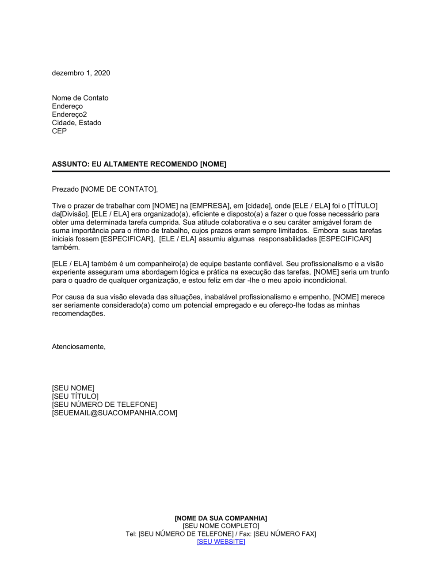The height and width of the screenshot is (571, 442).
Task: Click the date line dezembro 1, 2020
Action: point(81,73)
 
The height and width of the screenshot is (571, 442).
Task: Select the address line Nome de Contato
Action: point(80,98)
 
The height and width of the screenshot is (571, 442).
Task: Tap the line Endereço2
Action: point(69,114)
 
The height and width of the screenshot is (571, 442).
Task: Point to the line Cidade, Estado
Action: point(76,123)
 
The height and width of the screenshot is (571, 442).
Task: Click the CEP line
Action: point(59,131)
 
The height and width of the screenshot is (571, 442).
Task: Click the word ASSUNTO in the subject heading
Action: point(70,164)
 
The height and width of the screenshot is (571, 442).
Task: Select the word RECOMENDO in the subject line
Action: point(174,164)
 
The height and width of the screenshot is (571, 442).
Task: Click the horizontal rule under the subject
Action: point(221,171)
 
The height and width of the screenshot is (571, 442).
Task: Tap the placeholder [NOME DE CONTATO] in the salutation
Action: point(118,189)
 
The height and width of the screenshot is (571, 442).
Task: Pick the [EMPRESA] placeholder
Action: point(210,206)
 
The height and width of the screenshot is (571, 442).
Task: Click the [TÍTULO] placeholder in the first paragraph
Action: point(362,206)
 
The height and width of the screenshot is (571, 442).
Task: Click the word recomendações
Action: point(78,313)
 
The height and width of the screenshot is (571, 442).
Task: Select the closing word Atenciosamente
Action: point(78,347)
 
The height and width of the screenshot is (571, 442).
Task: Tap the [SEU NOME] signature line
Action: point(73,388)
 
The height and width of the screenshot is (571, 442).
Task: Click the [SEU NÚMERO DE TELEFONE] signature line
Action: point(104,405)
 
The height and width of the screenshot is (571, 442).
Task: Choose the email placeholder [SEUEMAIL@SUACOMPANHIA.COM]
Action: point(114,413)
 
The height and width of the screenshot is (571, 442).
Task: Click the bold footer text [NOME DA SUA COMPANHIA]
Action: point(221,518)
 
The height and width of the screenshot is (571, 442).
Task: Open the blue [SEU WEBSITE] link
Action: point(221,542)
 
